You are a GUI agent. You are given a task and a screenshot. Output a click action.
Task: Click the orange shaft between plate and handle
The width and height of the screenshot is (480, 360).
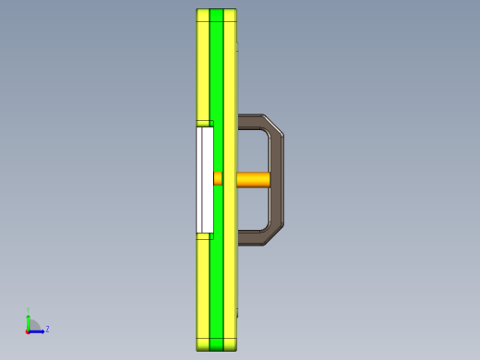coord(254,179)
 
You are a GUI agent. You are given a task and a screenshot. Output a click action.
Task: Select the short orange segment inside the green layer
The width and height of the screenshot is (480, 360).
coord(218,179)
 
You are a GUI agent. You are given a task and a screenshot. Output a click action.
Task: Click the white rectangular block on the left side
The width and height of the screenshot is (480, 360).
coord(205,179)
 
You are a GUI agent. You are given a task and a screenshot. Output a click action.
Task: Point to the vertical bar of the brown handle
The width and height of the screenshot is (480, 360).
coord(277,179)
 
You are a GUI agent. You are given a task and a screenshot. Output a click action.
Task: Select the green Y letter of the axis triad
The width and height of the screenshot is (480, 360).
coord(28,310)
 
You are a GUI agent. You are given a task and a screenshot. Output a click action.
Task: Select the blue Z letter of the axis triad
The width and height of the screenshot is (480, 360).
coord(47,329)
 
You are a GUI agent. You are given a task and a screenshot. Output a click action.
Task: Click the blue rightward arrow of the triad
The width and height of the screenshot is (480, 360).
coord(39,330)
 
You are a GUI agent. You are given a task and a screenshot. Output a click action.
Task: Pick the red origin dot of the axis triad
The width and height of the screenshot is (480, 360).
coord(28,330)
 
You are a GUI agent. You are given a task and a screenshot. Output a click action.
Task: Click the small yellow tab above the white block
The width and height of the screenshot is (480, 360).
coord(204,123)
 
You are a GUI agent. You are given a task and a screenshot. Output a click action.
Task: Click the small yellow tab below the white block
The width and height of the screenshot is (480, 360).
coord(204,236)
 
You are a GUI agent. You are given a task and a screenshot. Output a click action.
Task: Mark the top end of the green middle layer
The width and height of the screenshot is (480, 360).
coord(217,13)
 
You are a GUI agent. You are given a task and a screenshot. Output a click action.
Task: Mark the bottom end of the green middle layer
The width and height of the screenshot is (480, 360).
coord(217,346)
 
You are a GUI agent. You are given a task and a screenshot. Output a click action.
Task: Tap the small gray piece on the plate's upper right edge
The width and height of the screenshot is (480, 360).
coord(237,43)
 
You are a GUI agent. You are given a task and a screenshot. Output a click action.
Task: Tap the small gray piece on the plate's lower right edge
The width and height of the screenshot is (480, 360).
coord(237,314)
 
